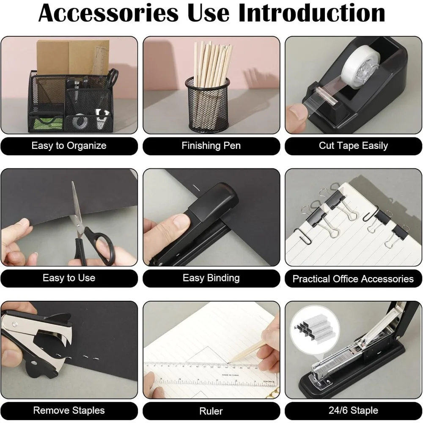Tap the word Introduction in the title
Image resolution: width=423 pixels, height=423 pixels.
coord(311,14)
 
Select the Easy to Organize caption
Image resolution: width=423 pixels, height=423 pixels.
coord(69,146)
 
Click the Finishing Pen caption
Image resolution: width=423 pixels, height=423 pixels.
coord(211,146)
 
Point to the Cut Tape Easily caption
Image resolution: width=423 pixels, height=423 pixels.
coord(353,146)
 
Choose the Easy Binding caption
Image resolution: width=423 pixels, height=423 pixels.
coord(211,278)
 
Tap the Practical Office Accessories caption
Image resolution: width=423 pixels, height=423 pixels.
coord(353,279)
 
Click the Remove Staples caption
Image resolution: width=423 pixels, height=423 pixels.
coord(69,410)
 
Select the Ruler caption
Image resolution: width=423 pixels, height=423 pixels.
coord(211,411)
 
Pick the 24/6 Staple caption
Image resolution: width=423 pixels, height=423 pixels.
coord(353,410)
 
